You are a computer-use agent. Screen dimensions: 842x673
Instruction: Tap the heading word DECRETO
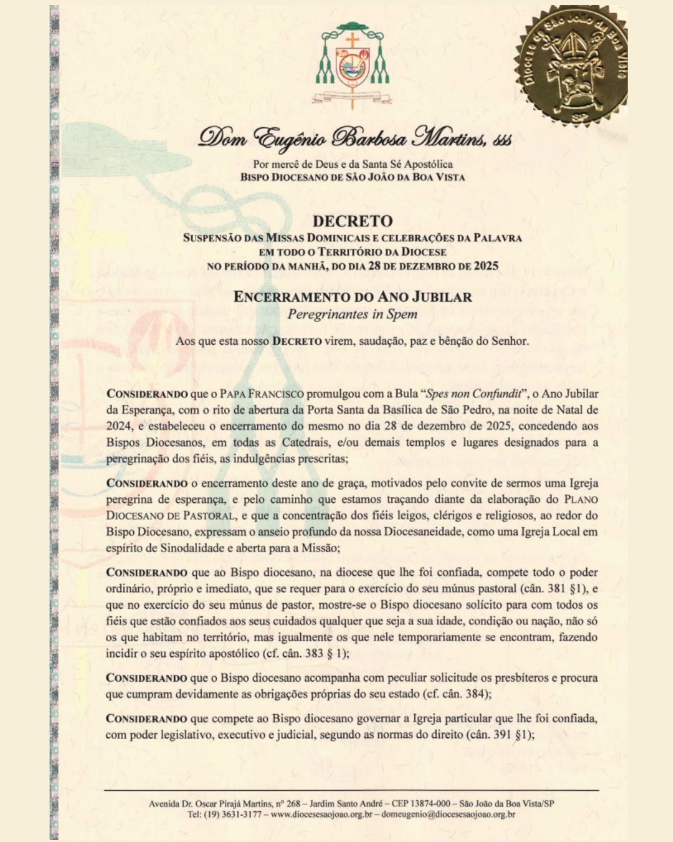click(x=353, y=221)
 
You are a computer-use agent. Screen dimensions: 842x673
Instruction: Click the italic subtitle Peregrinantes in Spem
click(x=352, y=314)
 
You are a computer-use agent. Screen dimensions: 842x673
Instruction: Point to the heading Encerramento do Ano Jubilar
click(x=353, y=297)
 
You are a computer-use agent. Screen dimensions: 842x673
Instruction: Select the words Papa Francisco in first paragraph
click(x=262, y=394)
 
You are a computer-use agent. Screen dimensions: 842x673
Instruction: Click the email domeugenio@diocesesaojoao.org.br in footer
click(x=448, y=815)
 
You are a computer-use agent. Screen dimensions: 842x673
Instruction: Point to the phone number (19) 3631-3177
click(x=232, y=815)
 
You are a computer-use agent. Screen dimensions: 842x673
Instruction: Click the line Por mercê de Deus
click(x=353, y=164)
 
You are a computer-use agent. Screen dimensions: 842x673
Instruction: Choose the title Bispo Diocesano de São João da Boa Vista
click(x=353, y=177)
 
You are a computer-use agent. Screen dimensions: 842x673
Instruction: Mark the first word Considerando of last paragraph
click(x=146, y=719)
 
